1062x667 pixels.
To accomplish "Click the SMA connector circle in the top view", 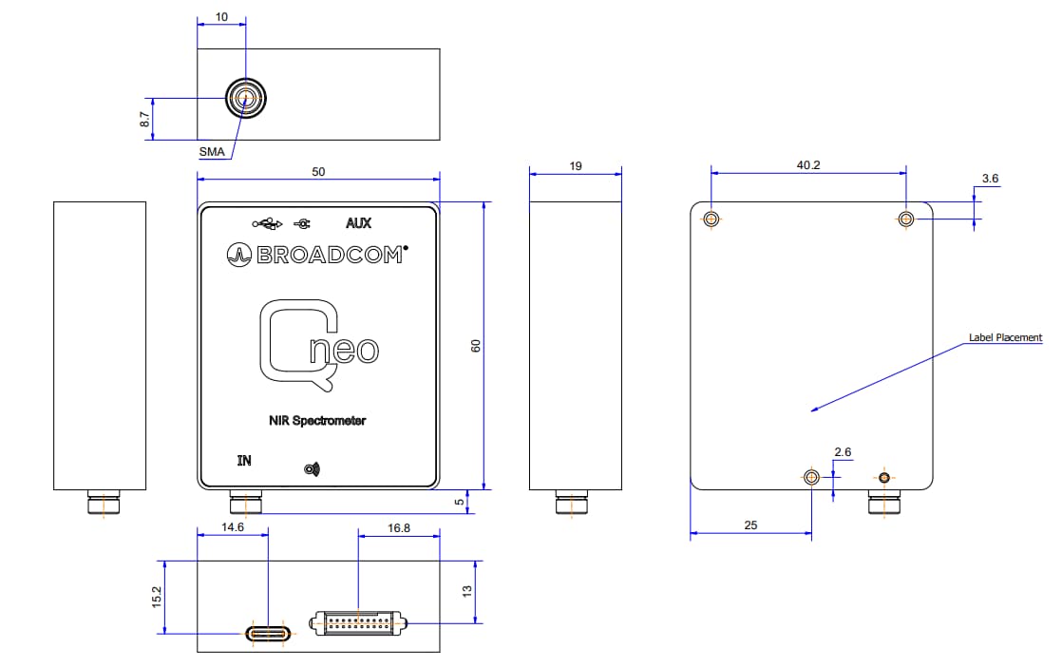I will [245, 97].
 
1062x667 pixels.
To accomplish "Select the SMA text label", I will [212, 151].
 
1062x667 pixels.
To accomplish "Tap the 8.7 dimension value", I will [144, 119].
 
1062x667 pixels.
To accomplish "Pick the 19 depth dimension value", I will [576, 166].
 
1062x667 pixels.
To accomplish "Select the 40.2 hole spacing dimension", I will [807, 165].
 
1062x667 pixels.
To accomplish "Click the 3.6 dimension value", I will [990, 179].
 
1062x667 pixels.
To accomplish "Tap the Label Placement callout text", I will [1005, 337].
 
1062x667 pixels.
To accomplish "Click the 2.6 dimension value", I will [843, 451].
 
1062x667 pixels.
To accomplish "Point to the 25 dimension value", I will [749, 524].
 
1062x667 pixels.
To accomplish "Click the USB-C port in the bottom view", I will [271, 633].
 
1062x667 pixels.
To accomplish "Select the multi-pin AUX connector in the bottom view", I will [358, 625].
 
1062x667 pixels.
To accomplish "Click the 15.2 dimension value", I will [157, 598].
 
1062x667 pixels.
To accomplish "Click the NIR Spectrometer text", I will [318, 420].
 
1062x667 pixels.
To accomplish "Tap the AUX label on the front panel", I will [359, 224].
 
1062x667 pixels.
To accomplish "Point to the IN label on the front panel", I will [244, 461].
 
